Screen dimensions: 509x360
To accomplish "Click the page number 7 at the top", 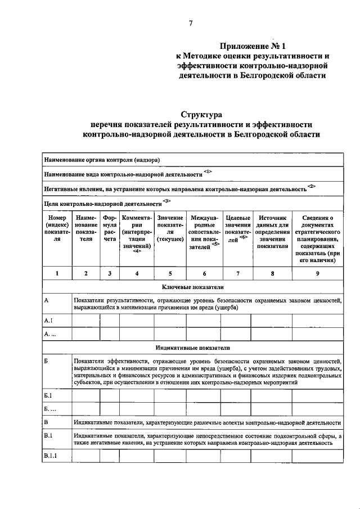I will coord(191,23).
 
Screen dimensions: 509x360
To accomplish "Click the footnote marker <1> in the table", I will coord(208,170).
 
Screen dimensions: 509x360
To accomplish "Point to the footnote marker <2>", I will coord(312,186).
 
